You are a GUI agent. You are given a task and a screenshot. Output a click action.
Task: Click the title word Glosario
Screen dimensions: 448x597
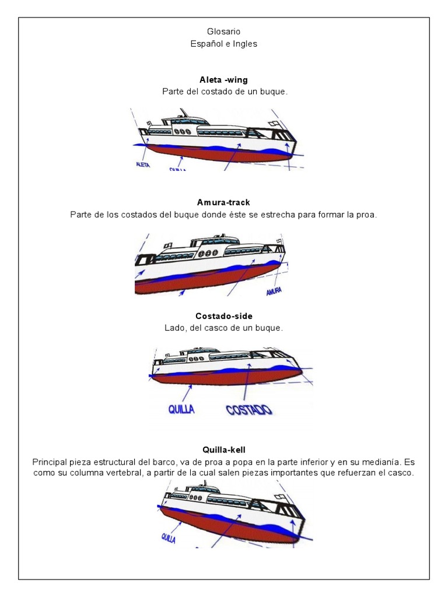pos(223,31)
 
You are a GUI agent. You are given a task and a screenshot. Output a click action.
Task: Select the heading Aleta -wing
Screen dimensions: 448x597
pos(223,80)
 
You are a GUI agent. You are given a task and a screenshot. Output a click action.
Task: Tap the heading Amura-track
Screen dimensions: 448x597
pos(223,202)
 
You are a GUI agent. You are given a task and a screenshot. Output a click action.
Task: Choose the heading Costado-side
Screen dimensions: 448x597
pos(223,316)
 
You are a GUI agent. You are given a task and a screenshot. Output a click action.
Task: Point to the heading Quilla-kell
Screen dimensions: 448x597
pos(223,449)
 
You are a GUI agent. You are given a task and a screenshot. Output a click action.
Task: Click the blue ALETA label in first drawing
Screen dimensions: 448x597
pos(143,165)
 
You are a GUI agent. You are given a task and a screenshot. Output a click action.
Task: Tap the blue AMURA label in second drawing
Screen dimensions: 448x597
pos(274,291)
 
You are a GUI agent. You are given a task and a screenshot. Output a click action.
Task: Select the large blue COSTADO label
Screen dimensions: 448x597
pos(249,409)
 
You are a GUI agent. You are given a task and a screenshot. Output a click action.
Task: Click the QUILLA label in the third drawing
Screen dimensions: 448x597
pos(181,409)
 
